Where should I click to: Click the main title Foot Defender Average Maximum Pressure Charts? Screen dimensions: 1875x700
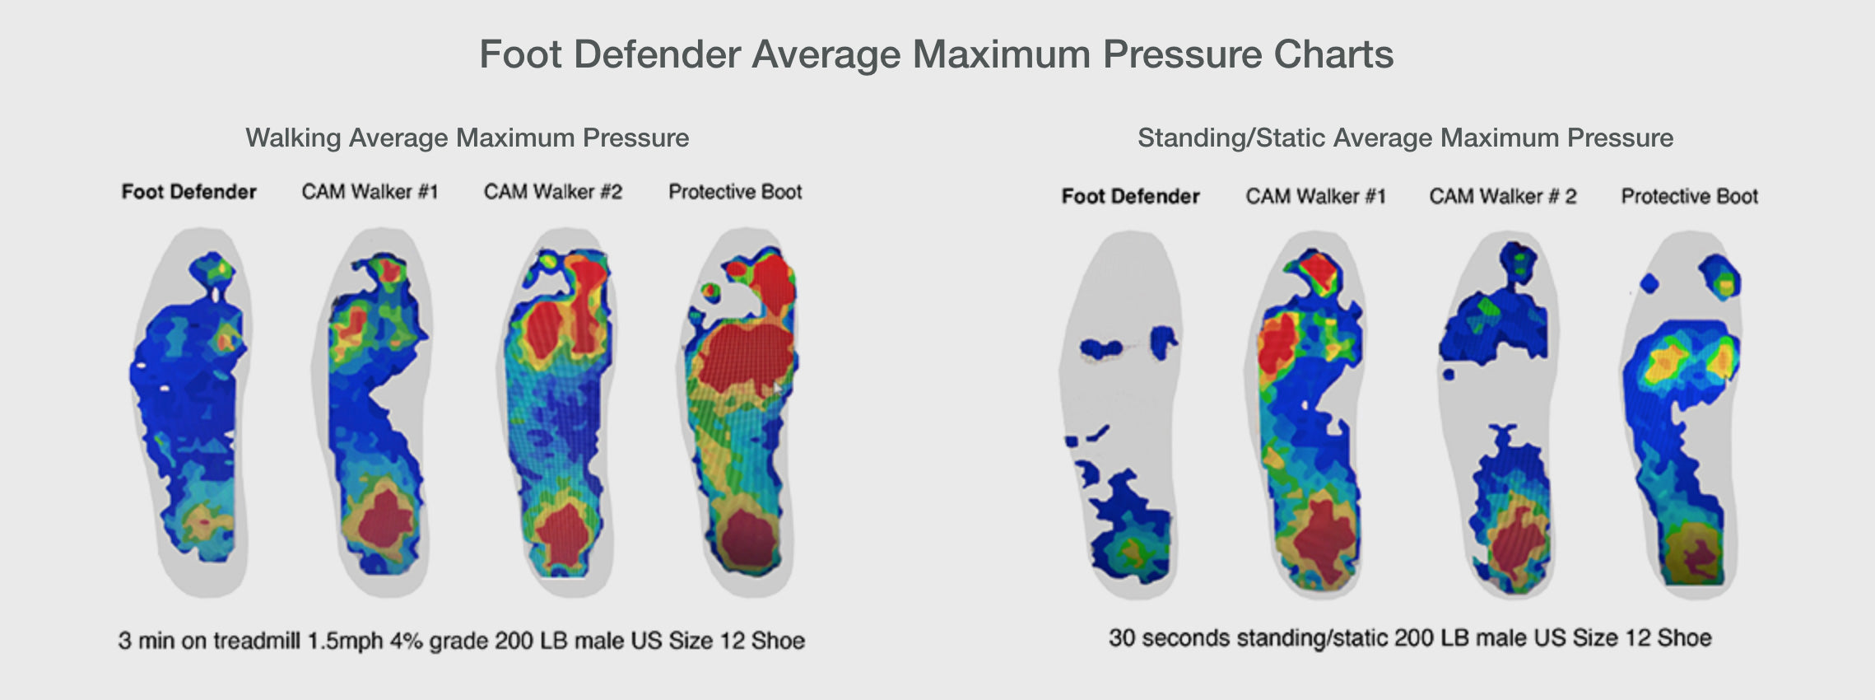click(937, 55)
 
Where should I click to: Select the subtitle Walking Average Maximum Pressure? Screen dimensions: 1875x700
click(468, 138)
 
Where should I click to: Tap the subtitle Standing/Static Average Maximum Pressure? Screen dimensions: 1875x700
click(1405, 138)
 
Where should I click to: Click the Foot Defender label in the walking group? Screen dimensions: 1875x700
click(188, 192)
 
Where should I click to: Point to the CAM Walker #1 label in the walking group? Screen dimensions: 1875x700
click(370, 192)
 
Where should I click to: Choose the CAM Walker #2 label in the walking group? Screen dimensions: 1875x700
click(552, 192)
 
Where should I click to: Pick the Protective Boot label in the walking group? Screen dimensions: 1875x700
click(735, 192)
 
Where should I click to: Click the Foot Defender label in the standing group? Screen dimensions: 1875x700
click(1130, 196)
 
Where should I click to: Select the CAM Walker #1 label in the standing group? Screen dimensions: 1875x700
click(1315, 196)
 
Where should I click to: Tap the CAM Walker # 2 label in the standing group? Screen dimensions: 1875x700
click(1503, 196)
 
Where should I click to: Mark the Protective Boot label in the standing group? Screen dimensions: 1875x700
click(1689, 196)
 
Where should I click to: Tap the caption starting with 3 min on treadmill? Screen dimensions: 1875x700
click(461, 641)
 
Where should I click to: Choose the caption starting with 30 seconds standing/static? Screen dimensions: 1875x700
click(1410, 638)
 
